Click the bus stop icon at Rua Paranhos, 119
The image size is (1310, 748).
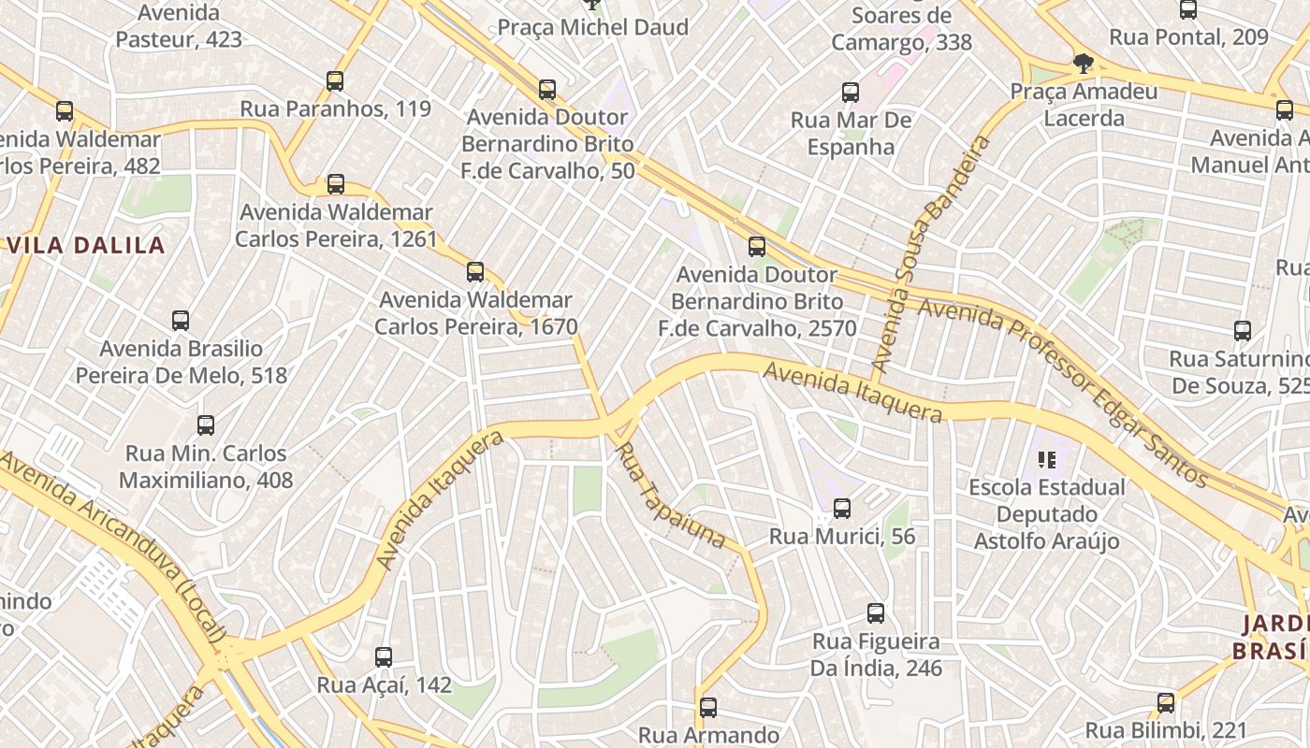[x=335, y=81]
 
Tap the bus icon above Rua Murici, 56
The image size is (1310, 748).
[x=842, y=509]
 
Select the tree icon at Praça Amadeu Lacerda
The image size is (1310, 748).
[x=1084, y=64]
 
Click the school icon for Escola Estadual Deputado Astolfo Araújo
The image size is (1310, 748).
[x=1047, y=459]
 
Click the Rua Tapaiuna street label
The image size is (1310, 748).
[x=670, y=496]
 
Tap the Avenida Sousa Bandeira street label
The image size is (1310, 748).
[x=930, y=254]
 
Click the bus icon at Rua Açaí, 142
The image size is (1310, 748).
[x=384, y=657]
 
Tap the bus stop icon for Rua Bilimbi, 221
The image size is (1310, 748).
[x=1166, y=703]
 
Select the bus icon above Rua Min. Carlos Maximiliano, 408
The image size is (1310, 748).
[x=206, y=425]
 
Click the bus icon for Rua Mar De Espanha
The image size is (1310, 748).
[x=851, y=93]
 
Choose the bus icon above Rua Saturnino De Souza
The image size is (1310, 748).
[x=1243, y=331]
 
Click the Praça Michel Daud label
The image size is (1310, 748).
[x=592, y=27]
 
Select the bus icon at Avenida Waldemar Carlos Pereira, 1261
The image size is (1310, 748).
[x=336, y=184]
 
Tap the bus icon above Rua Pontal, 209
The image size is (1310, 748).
[x=1188, y=10]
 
